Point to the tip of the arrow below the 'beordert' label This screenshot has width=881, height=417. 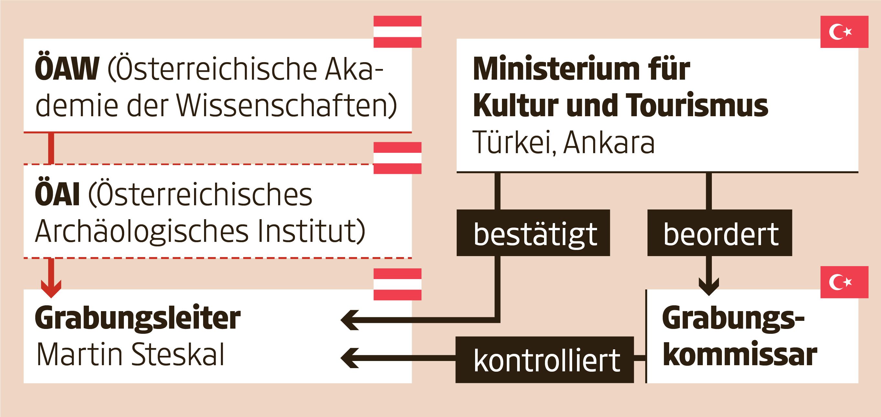click(709, 296)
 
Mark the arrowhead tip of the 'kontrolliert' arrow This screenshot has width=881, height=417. click(341, 358)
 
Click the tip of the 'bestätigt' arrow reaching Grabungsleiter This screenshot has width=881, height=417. click(341, 320)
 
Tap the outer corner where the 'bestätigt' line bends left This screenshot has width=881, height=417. click(500, 322)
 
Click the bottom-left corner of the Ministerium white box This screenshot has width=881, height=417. click(457, 172)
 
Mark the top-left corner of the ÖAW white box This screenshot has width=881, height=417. click(24, 39)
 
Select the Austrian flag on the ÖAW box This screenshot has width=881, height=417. click(397, 31)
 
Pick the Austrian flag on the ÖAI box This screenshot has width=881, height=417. click(397, 158)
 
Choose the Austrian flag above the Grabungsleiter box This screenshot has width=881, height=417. click(397, 284)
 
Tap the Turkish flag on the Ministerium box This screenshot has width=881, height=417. click(844, 31)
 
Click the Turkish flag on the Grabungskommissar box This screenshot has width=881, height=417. click(844, 282)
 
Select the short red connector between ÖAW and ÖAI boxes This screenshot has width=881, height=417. click(51, 148)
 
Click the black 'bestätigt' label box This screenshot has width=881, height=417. click(533, 233)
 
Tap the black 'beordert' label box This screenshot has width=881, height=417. click(720, 233)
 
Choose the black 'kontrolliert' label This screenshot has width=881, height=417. click(544, 359)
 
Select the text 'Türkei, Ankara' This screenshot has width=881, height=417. click(564, 142)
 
